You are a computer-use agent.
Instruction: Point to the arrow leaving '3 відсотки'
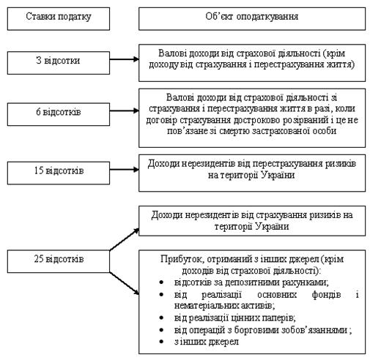point(124,59)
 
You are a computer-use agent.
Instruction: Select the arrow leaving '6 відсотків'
point(124,110)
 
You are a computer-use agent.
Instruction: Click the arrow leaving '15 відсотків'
point(124,170)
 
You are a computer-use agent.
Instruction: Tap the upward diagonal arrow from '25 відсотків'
point(124,239)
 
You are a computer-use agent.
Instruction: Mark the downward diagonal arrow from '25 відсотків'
point(124,283)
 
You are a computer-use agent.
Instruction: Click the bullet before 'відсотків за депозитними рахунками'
point(161,282)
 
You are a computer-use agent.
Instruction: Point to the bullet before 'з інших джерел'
point(161,342)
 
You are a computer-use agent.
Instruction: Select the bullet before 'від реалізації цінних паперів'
point(161,318)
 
